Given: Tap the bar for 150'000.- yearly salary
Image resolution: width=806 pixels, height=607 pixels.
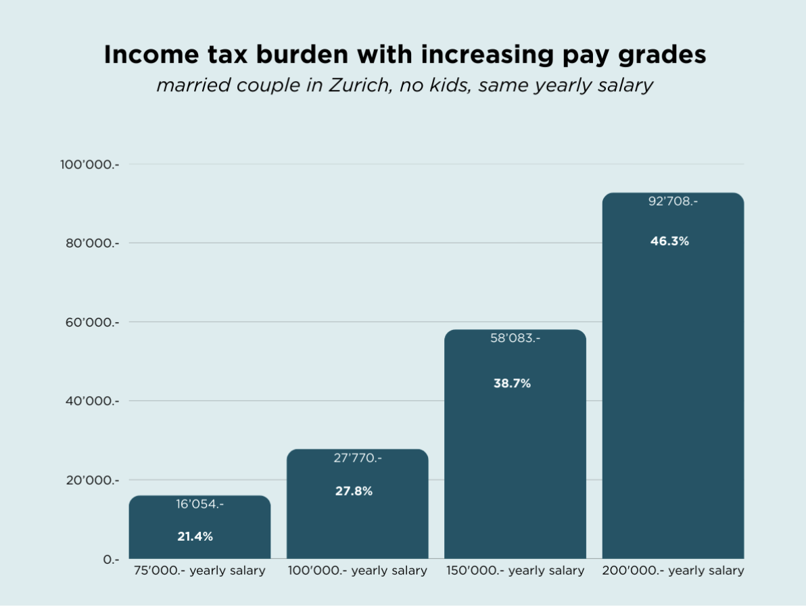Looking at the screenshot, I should [x=515, y=460].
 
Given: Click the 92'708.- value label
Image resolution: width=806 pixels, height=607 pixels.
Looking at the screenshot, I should [x=673, y=201].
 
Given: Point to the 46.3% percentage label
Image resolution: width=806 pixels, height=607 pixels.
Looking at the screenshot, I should [x=669, y=241].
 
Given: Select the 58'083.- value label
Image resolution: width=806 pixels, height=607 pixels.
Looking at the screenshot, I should [x=515, y=338].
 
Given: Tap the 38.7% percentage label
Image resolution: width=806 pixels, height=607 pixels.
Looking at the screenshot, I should [x=512, y=383].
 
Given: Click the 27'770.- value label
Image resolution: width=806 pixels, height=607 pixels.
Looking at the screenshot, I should [x=357, y=458].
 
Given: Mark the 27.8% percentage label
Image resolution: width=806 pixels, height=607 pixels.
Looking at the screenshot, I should [x=354, y=491].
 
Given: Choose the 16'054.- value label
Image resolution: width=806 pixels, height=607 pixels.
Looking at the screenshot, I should [x=199, y=504].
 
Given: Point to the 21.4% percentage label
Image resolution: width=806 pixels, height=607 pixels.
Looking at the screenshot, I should [x=195, y=537].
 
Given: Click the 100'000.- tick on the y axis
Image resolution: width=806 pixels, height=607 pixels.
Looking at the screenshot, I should [x=89, y=164].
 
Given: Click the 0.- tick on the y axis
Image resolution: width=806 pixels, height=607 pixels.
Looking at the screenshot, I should [x=111, y=560].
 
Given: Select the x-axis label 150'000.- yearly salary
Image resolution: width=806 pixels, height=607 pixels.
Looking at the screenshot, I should [x=515, y=570].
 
